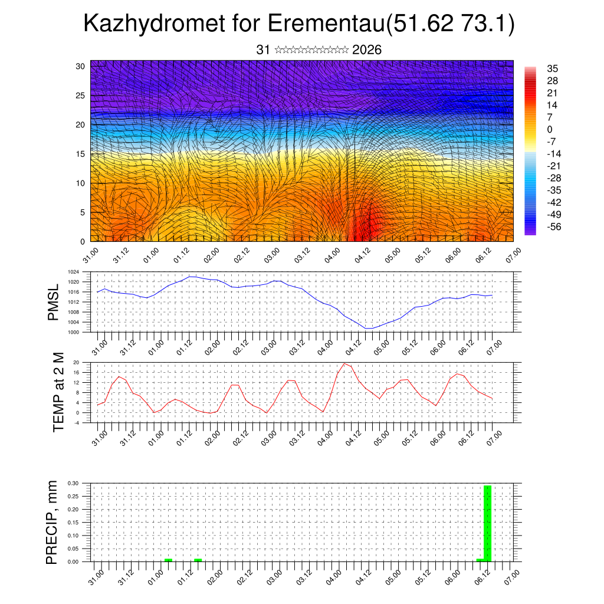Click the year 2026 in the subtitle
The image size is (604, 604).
[x=367, y=50]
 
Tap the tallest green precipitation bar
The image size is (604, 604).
[x=487, y=523]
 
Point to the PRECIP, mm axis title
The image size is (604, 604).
[x=53, y=521]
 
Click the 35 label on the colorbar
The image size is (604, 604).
[x=552, y=69]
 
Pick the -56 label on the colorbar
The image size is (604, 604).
[x=554, y=226]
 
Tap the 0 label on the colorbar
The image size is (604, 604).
[x=550, y=130]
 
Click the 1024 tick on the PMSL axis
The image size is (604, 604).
[x=74, y=272]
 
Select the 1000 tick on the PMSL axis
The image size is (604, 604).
[x=74, y=332]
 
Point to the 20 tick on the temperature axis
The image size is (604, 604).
[x=76, y=362]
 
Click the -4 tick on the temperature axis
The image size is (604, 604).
[x=77, y=422]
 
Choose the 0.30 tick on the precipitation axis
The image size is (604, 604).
[x=73, y=482]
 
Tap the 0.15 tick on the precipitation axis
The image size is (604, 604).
[x=73, y=523]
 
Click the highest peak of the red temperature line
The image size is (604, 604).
[x=344, y=363]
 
